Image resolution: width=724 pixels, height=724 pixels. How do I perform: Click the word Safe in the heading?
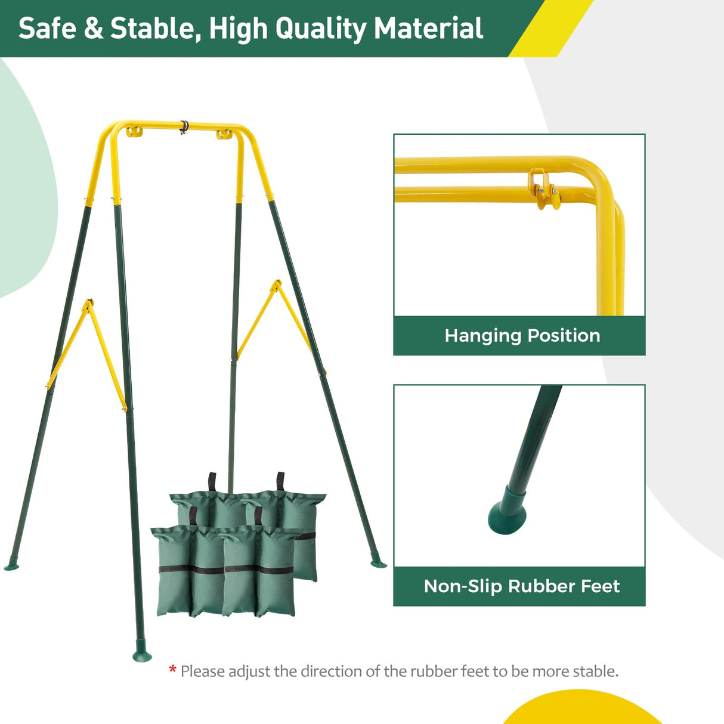pos(47,28)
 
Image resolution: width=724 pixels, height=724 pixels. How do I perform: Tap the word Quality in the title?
pos(320,30)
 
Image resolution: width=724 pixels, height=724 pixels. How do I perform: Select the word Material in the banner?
pos(428,28)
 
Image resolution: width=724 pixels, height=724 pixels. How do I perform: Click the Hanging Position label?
pos(522,336)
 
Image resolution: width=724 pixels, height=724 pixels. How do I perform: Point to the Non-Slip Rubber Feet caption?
pos(522,586)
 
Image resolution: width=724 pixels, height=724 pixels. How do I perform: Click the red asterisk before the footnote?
pos(172,669)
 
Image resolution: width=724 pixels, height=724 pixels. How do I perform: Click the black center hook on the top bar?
pos(184,128)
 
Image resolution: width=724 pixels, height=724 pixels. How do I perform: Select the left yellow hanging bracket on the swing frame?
pos(134,132)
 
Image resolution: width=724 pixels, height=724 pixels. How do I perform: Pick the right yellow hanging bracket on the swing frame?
pos(224,134)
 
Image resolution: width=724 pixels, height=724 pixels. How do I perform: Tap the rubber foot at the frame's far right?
pos(378,562)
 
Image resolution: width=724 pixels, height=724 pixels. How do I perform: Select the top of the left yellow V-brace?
pos(88,305)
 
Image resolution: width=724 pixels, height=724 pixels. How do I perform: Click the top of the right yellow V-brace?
pos(276,286)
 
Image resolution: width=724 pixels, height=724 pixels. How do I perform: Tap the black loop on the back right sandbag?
pos(280,481)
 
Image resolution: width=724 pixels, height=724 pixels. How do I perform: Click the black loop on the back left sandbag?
pos(212,481)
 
